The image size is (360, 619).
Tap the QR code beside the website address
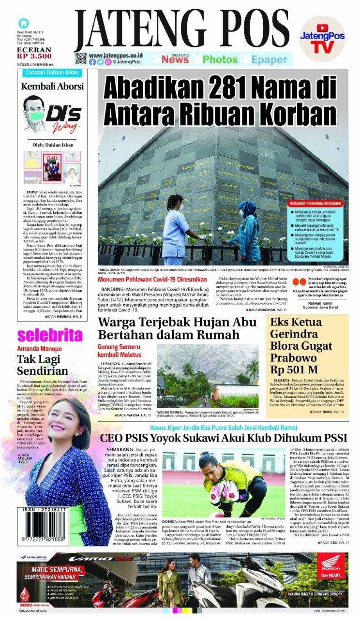81,59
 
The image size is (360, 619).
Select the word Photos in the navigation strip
220,59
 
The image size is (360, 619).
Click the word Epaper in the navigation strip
269,59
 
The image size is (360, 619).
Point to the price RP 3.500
34,57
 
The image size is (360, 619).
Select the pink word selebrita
50,335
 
